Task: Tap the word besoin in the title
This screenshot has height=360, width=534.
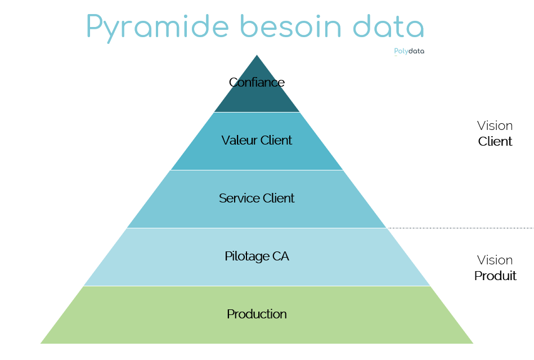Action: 290,26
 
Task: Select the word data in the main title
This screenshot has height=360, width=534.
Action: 388,26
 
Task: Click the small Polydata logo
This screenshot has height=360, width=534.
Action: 409,51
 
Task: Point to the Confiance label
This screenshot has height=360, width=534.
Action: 257,82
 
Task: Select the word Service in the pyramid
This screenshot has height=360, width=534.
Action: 239,198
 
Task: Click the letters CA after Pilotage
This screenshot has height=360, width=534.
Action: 281,256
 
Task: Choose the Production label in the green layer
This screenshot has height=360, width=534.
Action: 257,314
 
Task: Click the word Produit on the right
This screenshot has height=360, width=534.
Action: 495,276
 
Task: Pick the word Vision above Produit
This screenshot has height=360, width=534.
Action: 495,260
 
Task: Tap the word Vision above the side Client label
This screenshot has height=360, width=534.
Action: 495,125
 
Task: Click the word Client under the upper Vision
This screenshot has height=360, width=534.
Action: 495,141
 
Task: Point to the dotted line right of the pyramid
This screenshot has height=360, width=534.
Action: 461,228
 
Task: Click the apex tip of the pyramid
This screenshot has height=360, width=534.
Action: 257,55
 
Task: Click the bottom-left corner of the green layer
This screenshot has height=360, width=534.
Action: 41,343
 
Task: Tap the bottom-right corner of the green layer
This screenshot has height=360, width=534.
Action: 473,343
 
